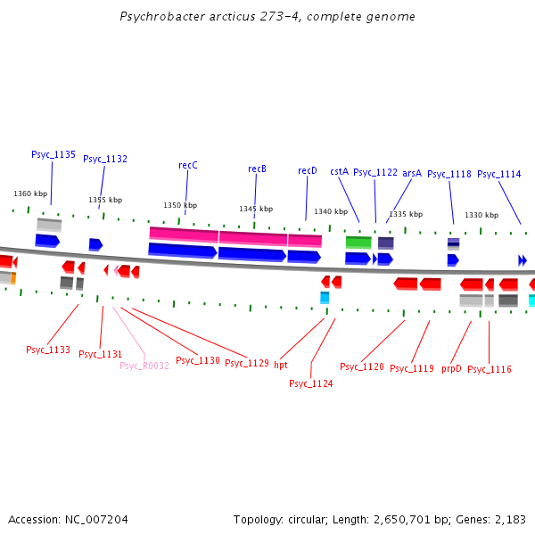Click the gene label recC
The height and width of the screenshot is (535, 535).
coord(187,165)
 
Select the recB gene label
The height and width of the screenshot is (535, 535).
coord(257,169)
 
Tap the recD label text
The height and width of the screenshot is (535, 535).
coord(307,170)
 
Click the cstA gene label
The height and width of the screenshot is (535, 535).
coord(339,171)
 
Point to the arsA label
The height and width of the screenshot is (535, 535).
coord(411,173)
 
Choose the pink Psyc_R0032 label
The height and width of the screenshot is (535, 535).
coord(144,366)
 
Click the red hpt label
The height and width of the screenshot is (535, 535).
coord(281,365)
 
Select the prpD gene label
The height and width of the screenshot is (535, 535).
coord(451,368)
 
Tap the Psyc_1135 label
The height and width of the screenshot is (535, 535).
coord(53,154)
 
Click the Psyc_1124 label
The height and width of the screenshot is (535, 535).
coord(311,383)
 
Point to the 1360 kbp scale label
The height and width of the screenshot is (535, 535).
coord(29,193)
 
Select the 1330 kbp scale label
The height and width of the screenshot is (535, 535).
coord(481,215)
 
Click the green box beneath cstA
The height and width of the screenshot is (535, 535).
coord(358,242)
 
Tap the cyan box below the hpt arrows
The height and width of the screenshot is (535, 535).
coord(325,298)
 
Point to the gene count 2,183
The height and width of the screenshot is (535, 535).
coord(509,519)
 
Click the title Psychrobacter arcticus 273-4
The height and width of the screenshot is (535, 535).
coord(267,17)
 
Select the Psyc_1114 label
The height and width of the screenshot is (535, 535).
coord(499,174)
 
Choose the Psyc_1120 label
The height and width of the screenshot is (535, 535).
coord(362,366)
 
